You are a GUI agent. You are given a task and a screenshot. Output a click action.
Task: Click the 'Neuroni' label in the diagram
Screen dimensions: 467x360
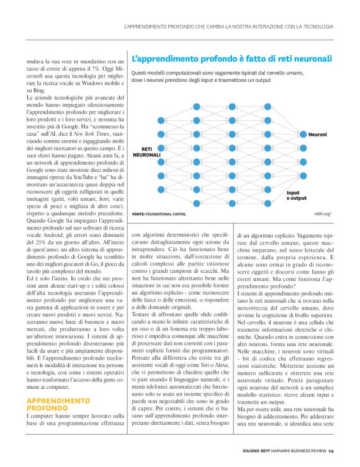pos(317,134)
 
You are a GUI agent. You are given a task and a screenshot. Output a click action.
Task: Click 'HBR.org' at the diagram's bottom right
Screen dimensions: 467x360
pos(323,214)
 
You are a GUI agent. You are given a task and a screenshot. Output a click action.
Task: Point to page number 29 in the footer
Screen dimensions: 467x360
pos(331,451)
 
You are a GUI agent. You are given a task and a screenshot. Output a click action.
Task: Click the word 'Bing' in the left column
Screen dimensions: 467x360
pos(40,87)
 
